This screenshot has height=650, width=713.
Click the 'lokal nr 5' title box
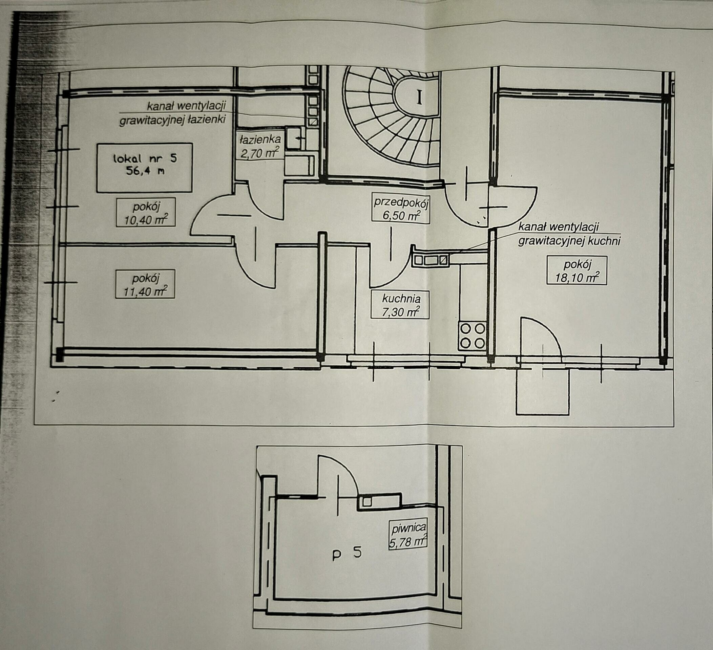click(145, 167)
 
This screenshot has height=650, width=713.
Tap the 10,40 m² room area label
click(145, 212)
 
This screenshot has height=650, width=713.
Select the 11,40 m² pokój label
click(145, 284)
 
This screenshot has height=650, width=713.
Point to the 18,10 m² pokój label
click(577, 270)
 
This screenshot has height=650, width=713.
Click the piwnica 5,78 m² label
click(408, 535)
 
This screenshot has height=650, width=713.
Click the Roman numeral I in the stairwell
click(420, 97)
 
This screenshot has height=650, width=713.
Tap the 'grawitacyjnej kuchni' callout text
click(569, 241)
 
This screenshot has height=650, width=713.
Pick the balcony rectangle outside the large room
click(543, 391)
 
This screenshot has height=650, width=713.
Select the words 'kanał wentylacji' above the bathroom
click(186, 105)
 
